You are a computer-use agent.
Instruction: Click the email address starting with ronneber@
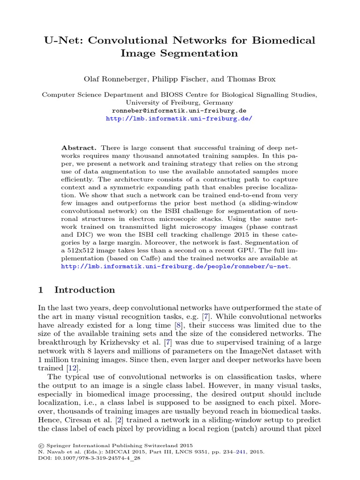click(179, 111)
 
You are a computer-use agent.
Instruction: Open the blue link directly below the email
click(179, 119)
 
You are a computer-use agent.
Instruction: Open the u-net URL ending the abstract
click(176, 266)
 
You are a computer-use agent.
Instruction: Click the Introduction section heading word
click(84, 290)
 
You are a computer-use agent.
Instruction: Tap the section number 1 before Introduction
click(40, 290)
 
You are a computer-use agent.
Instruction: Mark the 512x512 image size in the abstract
click(79, 250)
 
